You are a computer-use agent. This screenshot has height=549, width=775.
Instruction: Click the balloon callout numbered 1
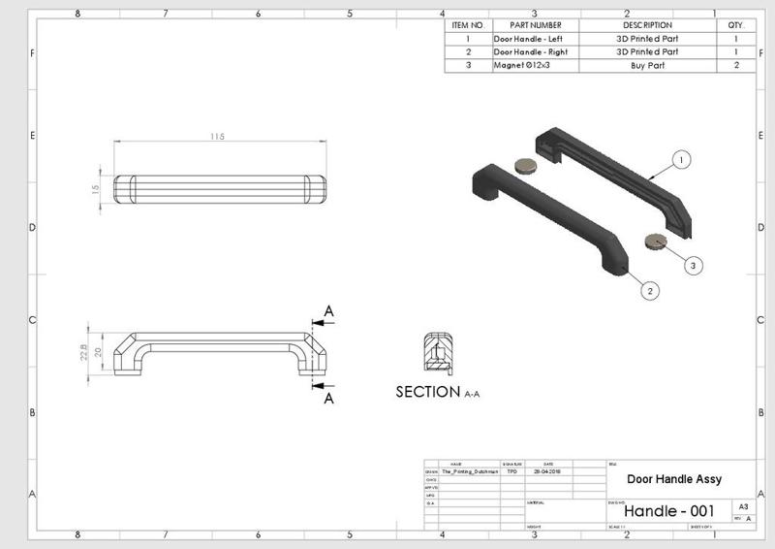coord(682,158)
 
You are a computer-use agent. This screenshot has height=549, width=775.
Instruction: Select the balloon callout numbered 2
coord(650,289)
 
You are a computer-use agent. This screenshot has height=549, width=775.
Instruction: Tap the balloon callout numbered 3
coord(693,263)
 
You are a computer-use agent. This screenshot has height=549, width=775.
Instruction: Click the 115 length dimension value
coord(216,138)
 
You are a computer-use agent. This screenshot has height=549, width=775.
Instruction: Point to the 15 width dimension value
coord(96,189)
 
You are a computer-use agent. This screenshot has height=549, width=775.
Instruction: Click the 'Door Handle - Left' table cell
coord(528,38)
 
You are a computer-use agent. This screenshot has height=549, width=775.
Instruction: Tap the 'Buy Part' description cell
coord(647,65)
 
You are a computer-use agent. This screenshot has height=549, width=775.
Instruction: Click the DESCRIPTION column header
coord(647,24)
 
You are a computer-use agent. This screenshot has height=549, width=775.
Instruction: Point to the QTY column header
coord(736,24)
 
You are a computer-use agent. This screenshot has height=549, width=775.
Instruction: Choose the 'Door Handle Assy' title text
coord(674,479)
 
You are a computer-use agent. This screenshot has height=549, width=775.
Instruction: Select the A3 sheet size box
coord(743,506)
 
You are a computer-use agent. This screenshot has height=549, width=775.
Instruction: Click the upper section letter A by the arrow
coord(329,311)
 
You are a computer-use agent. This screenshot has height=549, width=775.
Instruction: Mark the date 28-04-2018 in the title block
coord(549,472)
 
